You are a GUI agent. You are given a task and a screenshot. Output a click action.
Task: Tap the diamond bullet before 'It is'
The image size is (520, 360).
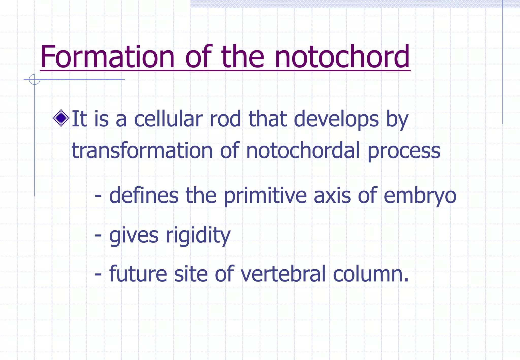coord(61,118)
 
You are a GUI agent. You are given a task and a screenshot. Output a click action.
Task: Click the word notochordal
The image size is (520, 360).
coord(303,151)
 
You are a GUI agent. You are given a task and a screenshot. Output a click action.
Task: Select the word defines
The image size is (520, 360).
coord(144,195)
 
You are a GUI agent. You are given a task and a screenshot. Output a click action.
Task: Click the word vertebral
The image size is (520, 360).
coord(283,274)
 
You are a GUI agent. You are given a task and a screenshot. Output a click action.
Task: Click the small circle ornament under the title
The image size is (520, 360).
coord(35,79)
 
